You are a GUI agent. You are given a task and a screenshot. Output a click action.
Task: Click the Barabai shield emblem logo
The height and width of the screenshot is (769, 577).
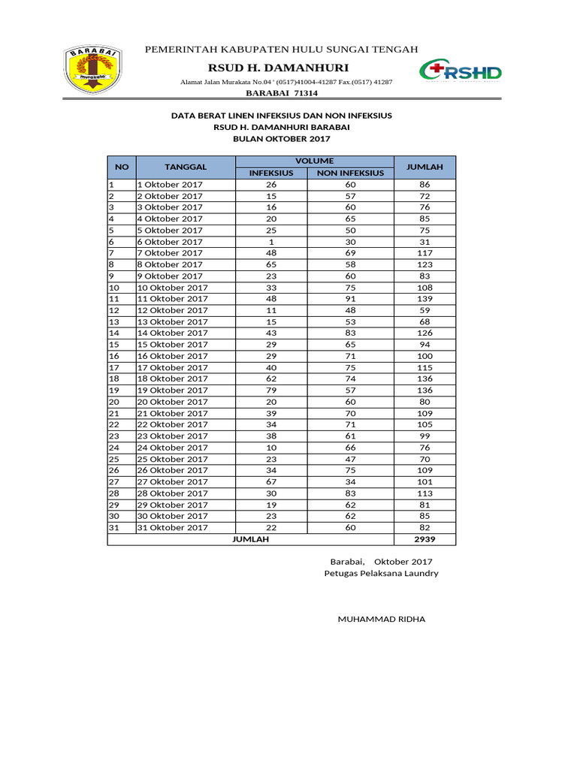click(89, 71)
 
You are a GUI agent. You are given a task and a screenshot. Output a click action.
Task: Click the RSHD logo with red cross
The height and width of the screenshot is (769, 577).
click(461, 72)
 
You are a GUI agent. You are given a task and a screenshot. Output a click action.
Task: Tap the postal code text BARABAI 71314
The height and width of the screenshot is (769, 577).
click(282, 93)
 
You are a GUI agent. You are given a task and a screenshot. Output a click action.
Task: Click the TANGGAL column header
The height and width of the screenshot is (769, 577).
click(186, 167)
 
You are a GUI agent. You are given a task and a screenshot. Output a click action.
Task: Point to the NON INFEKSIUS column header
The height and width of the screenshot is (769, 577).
click(350, 173)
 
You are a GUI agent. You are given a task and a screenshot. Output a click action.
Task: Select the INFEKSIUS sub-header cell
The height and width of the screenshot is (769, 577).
click(271, 173)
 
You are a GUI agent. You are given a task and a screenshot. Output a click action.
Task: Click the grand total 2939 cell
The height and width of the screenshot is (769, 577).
click(424, 539)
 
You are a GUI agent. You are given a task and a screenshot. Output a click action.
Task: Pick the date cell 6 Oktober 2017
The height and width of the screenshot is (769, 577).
click(170, 242)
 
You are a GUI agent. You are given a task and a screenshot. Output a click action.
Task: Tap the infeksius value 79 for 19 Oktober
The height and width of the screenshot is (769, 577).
click(271, 391)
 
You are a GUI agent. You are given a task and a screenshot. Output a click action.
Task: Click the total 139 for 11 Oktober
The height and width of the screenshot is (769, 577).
click(424, 299)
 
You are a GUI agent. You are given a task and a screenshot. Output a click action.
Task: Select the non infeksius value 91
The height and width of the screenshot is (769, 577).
click(350, 299)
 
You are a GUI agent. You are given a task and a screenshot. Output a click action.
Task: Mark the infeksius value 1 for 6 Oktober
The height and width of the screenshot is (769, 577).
click(271, 242)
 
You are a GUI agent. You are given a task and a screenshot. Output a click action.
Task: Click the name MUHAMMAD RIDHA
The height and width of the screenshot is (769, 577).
click(382, 620)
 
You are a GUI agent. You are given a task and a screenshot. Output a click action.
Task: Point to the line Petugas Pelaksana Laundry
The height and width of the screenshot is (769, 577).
click(381, 574)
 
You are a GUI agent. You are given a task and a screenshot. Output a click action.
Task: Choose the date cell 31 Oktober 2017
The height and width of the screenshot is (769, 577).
click(172, 528)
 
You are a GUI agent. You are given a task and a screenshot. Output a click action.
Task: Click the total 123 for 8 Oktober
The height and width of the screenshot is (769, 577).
click(424, 264)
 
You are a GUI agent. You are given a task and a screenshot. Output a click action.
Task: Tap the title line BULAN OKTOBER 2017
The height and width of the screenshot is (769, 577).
click(282, 139)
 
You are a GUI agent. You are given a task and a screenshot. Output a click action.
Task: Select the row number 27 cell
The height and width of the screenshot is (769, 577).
click(115, 482)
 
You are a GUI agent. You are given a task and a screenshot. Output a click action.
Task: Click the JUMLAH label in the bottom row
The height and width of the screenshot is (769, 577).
click(250, 539)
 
